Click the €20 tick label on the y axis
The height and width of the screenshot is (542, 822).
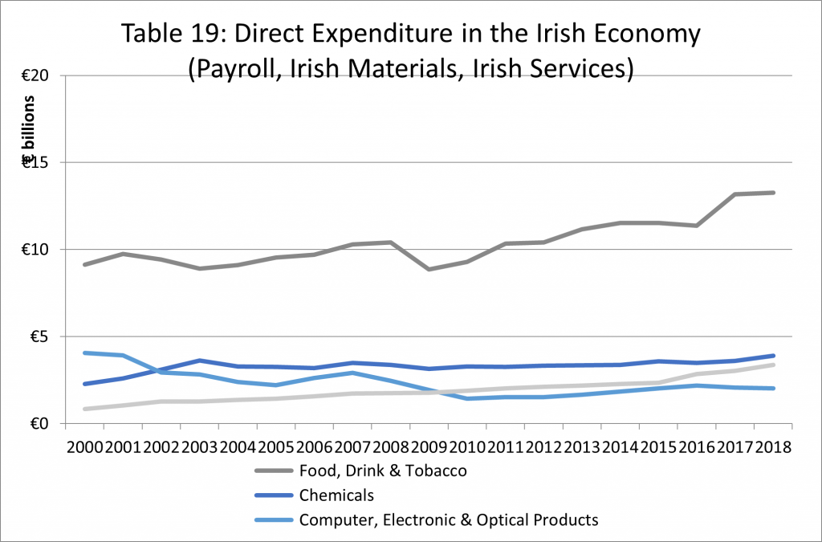click(x=35, y=76)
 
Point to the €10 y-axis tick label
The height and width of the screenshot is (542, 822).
click(x=35, y=250)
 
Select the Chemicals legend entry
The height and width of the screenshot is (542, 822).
click(x=336, y=495)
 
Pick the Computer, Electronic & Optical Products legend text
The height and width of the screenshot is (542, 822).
click(x=449, y=520)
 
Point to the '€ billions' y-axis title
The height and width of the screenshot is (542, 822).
click(x=29, y=128)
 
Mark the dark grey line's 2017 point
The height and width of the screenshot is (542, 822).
click(x=736, y=194)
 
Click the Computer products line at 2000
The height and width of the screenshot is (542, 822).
click(x=86, y=353)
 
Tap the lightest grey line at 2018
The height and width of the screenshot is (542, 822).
click(x=773, y=365)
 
